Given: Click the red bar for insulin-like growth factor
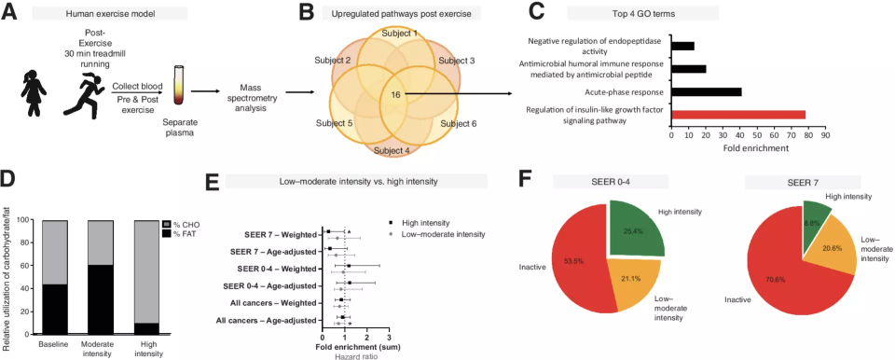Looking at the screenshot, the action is click(x=738, y=115).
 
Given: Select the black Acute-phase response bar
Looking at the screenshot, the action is click(x=707, y=92).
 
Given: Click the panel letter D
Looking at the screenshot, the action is click(x=8, y=181).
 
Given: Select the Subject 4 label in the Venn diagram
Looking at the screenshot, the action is click(x=392, y=151).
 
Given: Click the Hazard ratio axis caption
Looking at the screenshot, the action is click(x=352, y=356).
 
